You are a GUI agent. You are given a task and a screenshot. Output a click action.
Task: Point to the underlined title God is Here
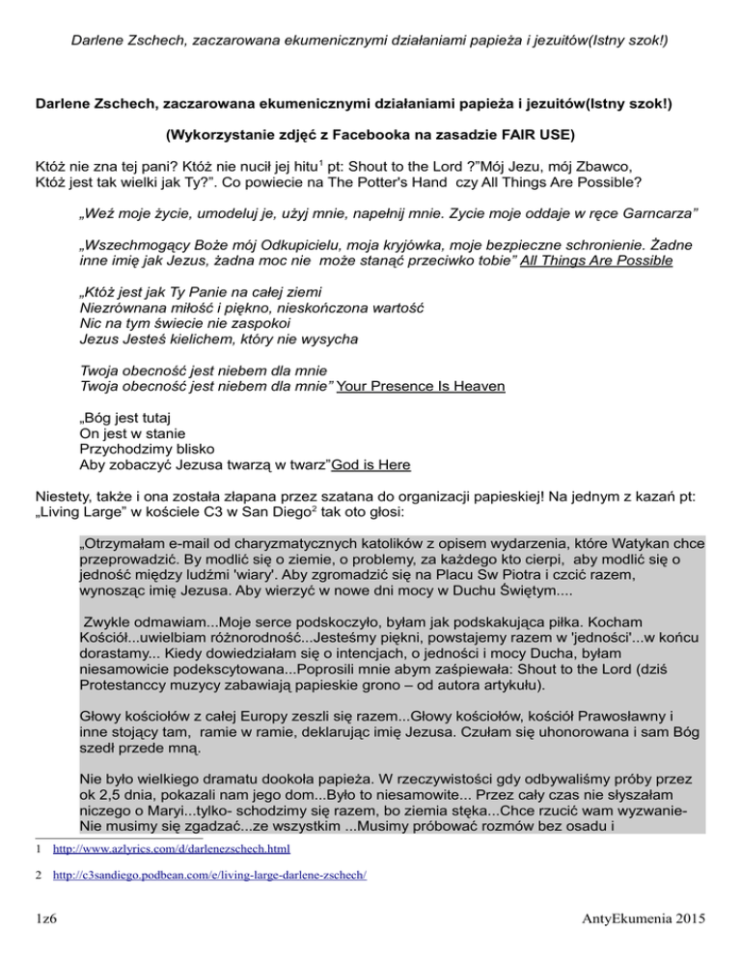coord(371,465)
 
